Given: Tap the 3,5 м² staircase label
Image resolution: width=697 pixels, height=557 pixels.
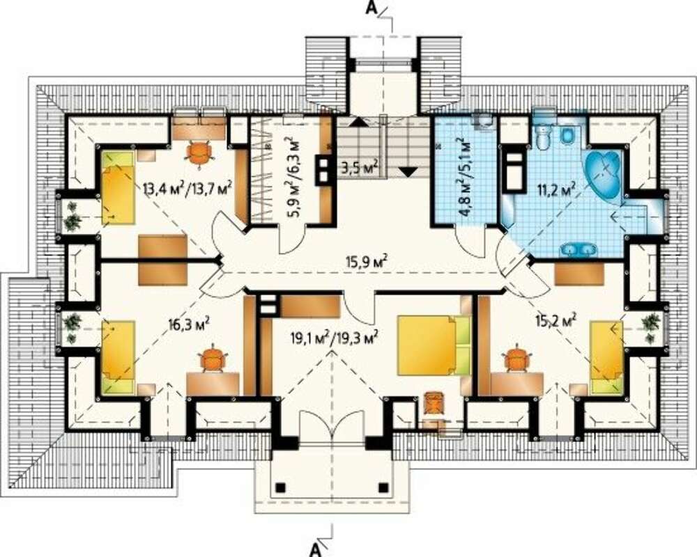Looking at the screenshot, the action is click(x=360, y=168).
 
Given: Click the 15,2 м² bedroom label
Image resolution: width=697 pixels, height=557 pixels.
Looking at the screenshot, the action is click(x=556, y=320).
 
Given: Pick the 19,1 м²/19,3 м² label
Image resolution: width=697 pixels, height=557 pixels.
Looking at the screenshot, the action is click(x=335, y=339).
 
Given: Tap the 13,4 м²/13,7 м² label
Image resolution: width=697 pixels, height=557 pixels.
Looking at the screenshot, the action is click(x=188, y=190).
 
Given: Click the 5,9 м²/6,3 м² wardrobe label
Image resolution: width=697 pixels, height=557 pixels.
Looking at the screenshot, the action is click(x=293, y=178).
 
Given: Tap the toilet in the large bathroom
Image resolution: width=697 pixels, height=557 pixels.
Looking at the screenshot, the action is click(x=542, y=136).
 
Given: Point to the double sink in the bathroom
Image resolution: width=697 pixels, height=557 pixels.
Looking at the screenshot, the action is click(x=577, y=250).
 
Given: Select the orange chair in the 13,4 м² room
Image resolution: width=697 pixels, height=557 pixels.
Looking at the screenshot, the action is click(x=199, y=152).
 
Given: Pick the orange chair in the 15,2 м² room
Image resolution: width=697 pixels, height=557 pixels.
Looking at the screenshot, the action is click(x=516, y=358).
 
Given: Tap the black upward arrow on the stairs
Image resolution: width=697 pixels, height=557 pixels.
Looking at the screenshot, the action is click(x=357, y=122).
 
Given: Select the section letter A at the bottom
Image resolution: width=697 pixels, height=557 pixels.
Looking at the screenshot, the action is click(x=316, y=549).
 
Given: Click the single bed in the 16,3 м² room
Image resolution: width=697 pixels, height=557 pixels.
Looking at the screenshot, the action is click(x=118, y=358).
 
